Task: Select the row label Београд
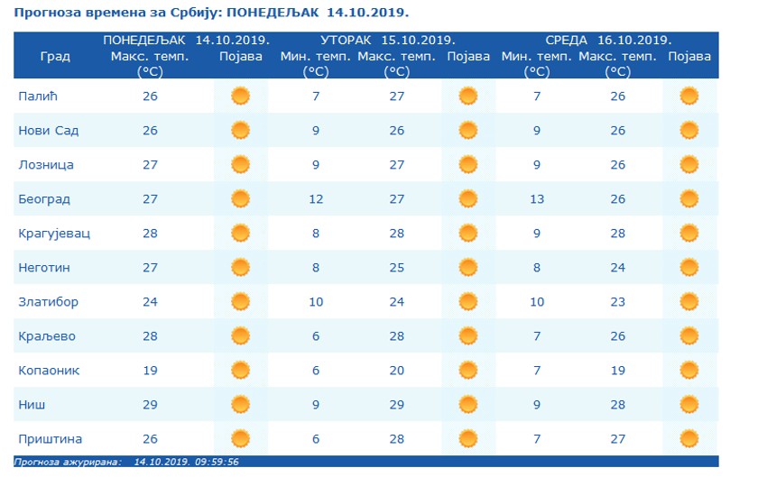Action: tap(44, 199)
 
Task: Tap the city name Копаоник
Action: tap(49, 371)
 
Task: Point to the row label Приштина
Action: tap(51, 439)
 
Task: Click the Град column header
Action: tap(55, 56)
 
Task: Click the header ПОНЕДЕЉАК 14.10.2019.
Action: tap(186, 41)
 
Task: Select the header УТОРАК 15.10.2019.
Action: tap(387, 41)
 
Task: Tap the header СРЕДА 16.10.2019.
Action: tap(608, 41)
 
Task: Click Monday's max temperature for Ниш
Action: tap(150, 405)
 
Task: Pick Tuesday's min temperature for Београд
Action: tap(316, 199)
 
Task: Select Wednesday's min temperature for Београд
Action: tap(537, 199)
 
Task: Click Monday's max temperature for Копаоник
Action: tap(150, 371)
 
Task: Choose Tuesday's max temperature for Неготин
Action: tap(397, 268)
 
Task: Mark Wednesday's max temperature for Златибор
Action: tap(617, 302)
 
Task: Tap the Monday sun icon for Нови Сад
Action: tap(240, 131)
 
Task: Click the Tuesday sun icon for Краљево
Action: tap(467, 336)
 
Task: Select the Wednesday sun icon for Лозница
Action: tap(689, 165)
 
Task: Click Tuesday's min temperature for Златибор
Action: tap(316, 302)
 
